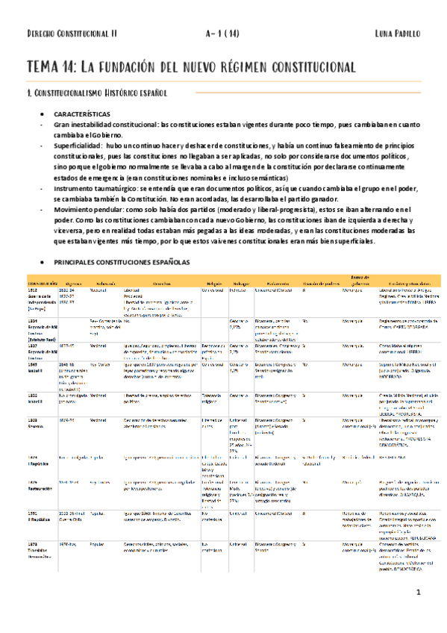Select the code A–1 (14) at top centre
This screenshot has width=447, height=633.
(x=223, y=34)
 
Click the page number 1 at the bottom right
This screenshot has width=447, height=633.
(x=419, y=613)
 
